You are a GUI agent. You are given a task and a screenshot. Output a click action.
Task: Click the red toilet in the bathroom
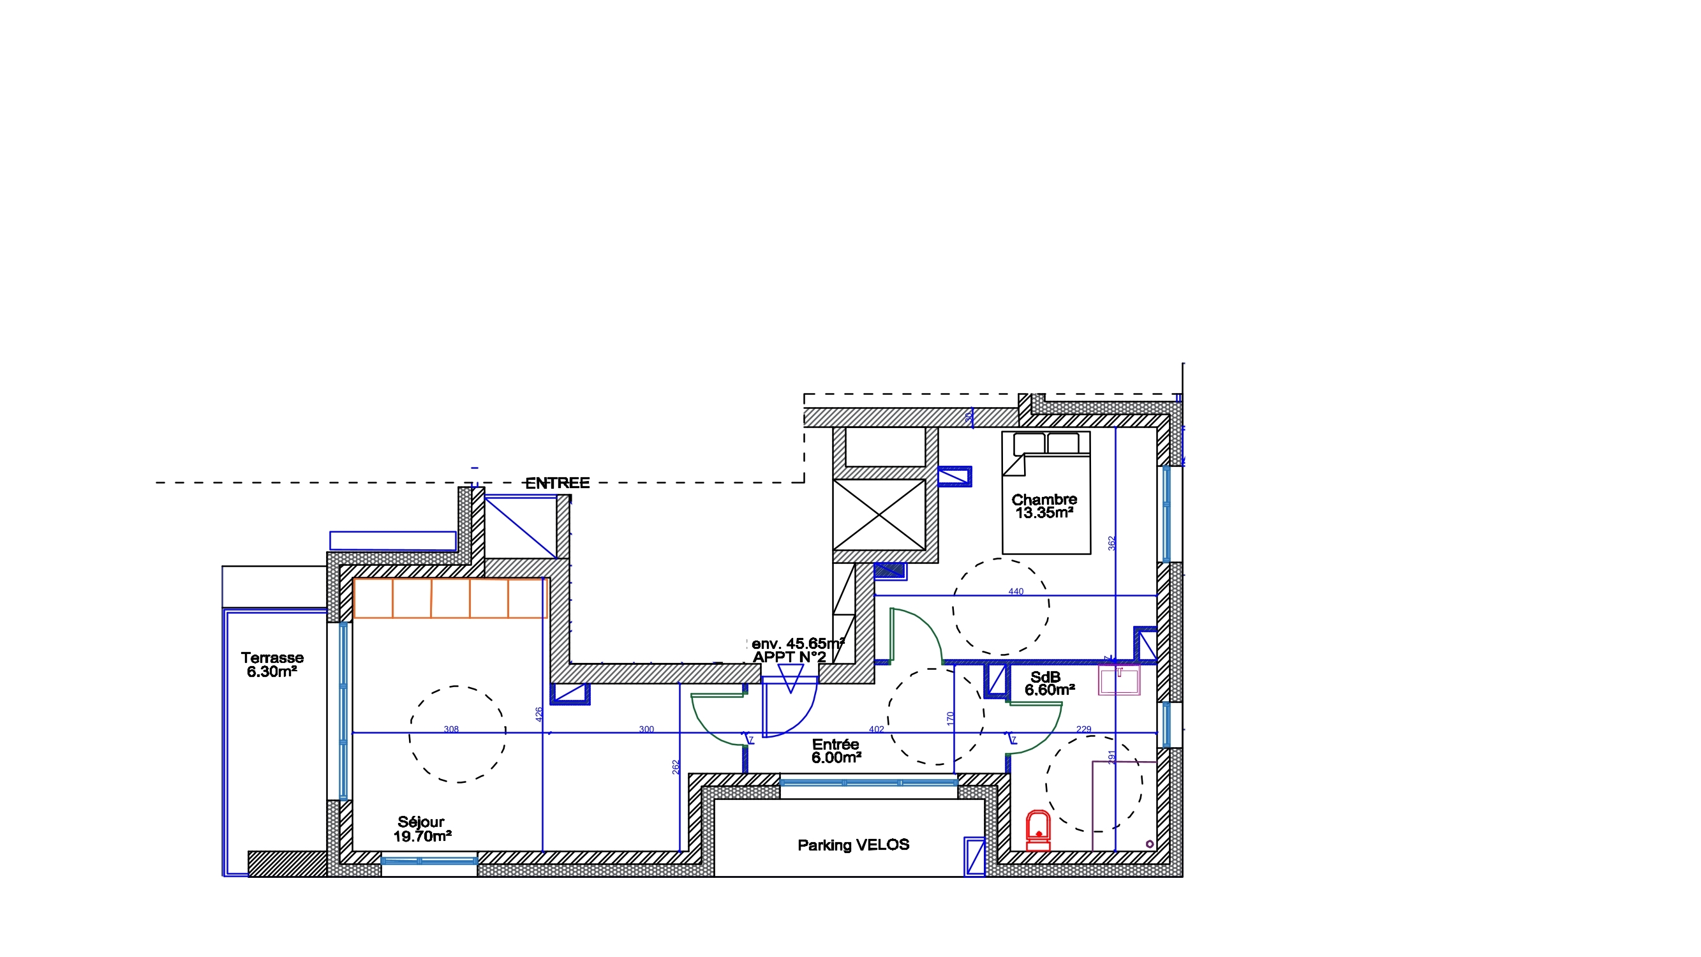(1038, 831)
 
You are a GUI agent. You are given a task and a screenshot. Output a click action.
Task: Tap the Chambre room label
(1044, 500)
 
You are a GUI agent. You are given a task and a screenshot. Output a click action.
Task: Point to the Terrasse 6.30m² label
(272, 664)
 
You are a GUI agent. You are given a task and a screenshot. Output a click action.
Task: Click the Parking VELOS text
(853, 845)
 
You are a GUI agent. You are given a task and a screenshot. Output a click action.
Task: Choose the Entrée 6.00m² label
(836, 751)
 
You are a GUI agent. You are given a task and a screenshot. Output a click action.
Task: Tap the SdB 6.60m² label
(1050, 683)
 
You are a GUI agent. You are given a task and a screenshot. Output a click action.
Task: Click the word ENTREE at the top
(557, 483)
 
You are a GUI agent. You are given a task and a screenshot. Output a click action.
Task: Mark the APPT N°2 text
(789, 657)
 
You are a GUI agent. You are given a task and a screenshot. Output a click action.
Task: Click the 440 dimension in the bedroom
(1016, 592)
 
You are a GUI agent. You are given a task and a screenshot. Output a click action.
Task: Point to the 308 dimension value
(451, 729)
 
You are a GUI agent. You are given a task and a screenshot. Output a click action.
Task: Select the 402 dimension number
(876, 729)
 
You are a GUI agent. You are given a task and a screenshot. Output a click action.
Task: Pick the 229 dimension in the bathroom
(1083, 729)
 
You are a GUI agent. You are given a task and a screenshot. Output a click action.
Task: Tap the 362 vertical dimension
(1112, 543)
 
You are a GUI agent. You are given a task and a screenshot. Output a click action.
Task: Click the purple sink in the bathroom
(1119, 680)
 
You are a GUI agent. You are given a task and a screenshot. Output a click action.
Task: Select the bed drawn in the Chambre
(1046, 493)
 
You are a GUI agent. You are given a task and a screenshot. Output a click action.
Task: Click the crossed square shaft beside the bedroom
(879, 514)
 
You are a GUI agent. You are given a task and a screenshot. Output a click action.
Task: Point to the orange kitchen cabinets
(450, 598)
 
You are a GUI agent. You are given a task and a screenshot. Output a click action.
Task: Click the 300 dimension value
(646, 729)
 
